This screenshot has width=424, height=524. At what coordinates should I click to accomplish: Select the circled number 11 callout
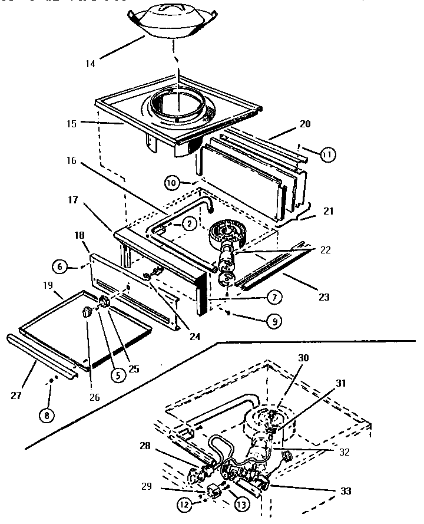(x=327, y=154)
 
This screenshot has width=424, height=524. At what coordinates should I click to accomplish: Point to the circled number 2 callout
(x=188, y=223)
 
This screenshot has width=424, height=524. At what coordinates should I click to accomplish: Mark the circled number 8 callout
(x=47, y=414)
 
